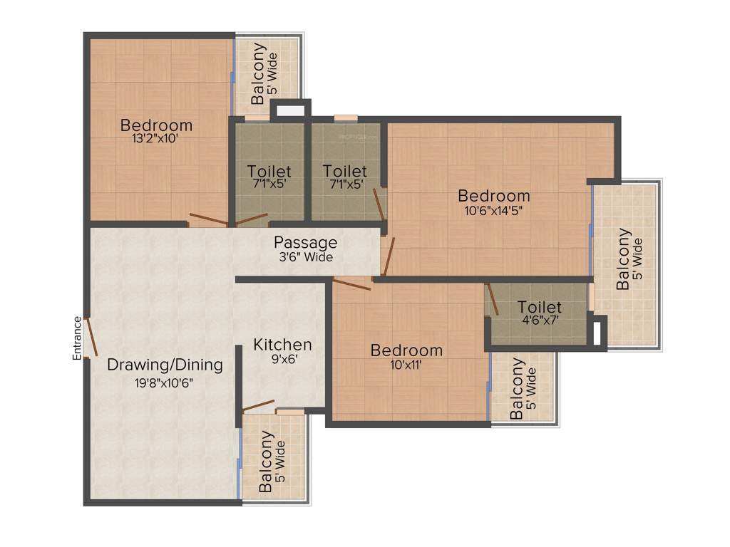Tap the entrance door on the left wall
click(x=89, y=337)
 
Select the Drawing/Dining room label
click(x=165, y=365)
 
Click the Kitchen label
click(x=282, y=345)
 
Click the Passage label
click(x=306, y=242)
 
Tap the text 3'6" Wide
click(x=306, y=258)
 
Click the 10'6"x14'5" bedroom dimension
click(x=494, y=210)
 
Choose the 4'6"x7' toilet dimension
click(x=540, y=321)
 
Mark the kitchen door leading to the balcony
click(x=258, y=406)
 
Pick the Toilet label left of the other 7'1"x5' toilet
click(x=269, y=172)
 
